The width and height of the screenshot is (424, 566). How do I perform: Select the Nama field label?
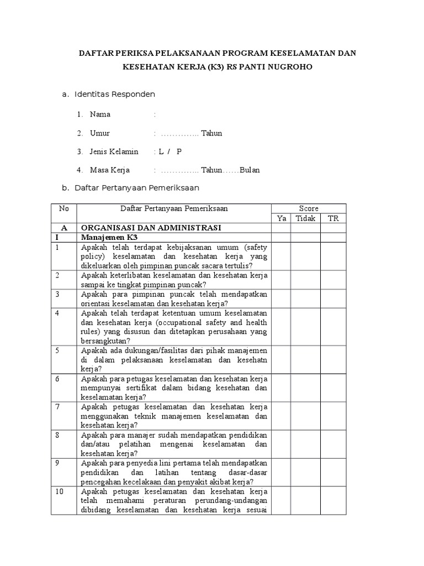(x=100, y=114)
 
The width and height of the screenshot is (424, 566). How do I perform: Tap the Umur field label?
(x=100, y=133)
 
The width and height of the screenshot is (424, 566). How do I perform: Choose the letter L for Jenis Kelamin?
(x=161, y=151)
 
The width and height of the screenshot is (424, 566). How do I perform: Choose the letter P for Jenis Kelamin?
(x=179, y=151)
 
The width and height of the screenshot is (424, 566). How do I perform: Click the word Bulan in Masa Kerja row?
(x=249, y=170)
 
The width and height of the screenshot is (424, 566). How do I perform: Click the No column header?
(x=63, y=208)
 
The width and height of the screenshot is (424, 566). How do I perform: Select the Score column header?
(x=309, y=208)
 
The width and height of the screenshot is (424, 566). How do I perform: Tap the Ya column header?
(x=281, y=218)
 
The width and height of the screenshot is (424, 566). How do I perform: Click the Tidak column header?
(x=306, y=218)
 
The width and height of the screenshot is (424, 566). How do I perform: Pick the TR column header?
(x=333, y=218)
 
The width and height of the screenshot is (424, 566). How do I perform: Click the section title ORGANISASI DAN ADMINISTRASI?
(x=151, y=228)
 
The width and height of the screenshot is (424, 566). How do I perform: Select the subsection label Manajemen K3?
(x=108, y=237)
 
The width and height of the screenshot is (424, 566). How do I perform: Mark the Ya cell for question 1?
(x=281, y=256)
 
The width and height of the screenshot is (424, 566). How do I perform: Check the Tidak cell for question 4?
(x=306, y=327)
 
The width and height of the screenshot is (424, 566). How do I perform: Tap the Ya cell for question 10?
(x=281, y=500)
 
